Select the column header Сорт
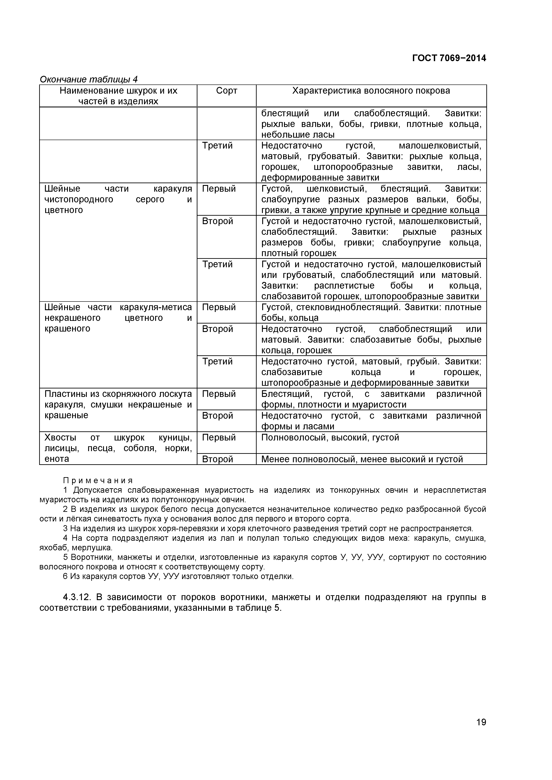[227, 91]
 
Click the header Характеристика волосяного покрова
[371, 91]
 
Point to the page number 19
[481, 732]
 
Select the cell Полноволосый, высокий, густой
[330, 438]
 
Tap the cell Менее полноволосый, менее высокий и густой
[362, 459]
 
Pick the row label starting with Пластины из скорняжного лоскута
[118, 405]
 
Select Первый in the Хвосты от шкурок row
[219, 438]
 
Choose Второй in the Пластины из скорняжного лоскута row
[218, 416]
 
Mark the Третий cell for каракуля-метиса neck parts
[218, 362]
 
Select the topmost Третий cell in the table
[218, 146]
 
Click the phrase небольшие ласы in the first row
[298, 135]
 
